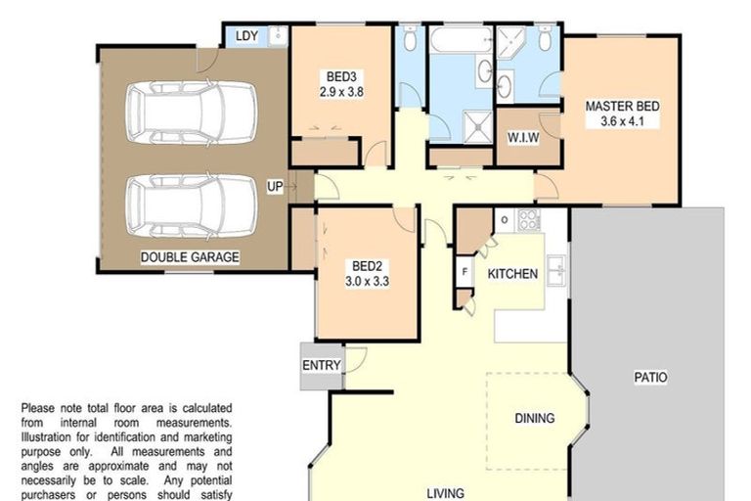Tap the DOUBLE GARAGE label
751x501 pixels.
(191, 257)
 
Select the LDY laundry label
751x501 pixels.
(246, 36)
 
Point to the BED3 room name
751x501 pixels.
(341, 77)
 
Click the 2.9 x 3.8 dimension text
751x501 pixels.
(341, 93)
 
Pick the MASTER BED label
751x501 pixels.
(622, 106)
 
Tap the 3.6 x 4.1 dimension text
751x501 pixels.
(622, 122)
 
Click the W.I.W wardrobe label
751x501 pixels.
(522, 137)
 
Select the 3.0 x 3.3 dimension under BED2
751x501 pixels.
(368, 281)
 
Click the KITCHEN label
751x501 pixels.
(512, 274)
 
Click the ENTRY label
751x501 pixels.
(322, 366)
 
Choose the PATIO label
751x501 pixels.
(650, 376)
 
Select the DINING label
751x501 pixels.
(535, 418)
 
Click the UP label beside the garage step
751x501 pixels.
(278, 185)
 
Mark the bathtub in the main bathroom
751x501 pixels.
(461, 42)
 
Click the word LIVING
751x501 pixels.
(445, 493)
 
